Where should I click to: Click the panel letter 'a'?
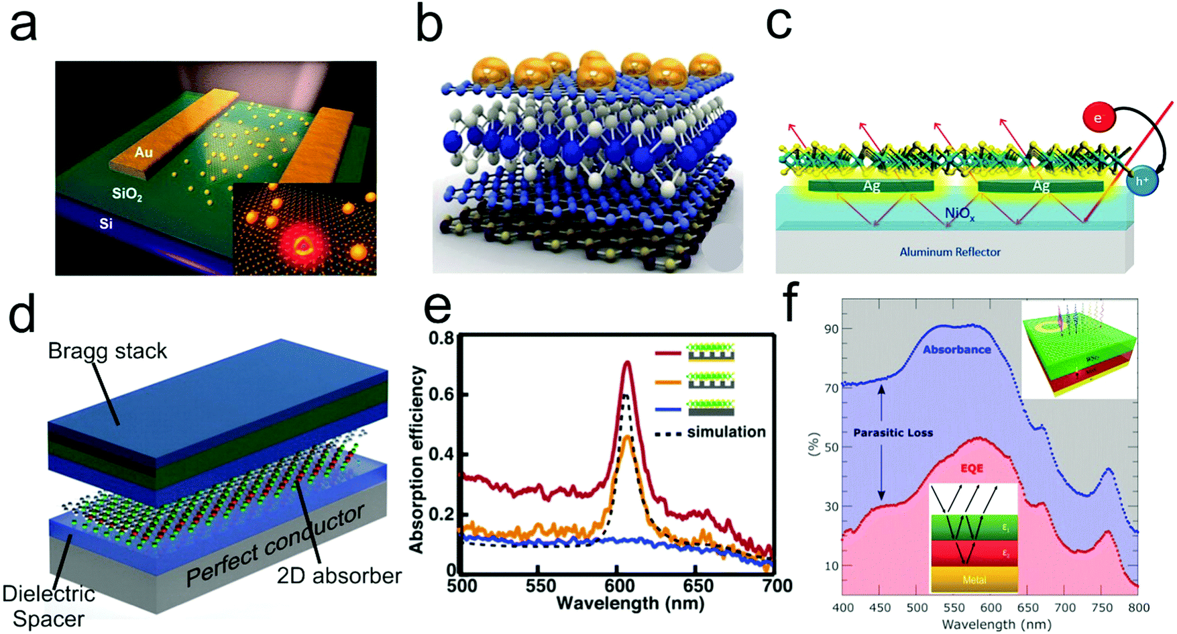23,27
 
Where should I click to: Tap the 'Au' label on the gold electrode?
144,153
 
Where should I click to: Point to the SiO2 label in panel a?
127,195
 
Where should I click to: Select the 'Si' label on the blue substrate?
106,224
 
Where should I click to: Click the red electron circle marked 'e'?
1098,118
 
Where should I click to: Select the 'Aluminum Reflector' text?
950,252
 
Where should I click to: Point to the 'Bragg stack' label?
107,351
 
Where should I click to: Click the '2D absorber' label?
339,575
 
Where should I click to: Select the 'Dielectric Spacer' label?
48,606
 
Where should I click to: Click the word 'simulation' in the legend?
726,432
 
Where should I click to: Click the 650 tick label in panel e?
697,586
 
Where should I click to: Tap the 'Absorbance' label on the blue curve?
956,350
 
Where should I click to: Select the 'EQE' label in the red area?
971,468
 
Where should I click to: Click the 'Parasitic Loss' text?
893,433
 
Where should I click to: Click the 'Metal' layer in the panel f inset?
974,580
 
